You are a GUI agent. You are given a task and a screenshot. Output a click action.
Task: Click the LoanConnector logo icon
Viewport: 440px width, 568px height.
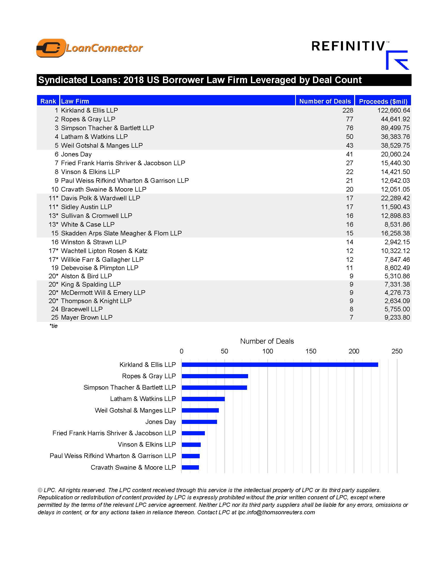tap(51, 48)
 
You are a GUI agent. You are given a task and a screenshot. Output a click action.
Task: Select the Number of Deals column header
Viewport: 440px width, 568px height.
tap(325, 101)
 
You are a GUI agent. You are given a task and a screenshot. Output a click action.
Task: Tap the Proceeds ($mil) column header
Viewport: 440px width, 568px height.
tap(383, 101)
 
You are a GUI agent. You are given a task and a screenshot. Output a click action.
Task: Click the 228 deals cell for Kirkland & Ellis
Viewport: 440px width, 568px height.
tap(347, 110)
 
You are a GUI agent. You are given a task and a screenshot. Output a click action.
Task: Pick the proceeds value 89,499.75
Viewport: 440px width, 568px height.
tap(395, 128)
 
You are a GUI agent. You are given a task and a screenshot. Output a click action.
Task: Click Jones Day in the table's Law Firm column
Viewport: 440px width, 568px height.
tap(76, 154)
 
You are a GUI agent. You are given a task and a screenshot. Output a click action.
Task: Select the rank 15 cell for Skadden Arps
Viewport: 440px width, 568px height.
tap(54, 233)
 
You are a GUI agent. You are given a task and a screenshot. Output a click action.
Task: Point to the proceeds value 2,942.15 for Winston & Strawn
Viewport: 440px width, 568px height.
tap(397, 242)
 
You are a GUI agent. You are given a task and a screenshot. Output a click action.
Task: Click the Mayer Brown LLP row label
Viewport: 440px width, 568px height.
tap(86, 317)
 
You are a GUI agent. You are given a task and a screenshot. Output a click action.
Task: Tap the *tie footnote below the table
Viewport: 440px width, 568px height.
tap(53, 326)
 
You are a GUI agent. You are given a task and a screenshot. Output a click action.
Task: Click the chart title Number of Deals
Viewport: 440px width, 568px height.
tap(267, 341)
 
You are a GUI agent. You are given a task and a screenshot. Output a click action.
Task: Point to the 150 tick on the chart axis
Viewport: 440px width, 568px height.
tap(310, 351)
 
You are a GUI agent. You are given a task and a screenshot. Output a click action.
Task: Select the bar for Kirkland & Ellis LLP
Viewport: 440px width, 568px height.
tap(280, 365)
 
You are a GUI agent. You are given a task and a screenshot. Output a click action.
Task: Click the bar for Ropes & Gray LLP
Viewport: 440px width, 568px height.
tap(215, 376)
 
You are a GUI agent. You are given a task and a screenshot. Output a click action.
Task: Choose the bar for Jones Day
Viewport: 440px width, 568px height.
tap(199, 422)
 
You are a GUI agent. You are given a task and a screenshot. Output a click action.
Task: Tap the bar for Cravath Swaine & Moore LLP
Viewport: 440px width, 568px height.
tap(190, 467)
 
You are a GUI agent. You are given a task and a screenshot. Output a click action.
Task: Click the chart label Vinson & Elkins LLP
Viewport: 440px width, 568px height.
tap(147, 445)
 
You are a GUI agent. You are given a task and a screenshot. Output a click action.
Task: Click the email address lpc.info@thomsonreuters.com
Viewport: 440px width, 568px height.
tap(276, 512)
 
